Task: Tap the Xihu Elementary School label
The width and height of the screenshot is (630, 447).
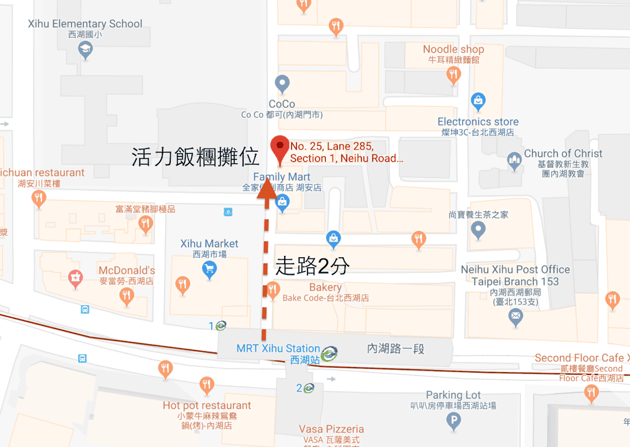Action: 85,24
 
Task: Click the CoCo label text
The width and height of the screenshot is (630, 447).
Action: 282,104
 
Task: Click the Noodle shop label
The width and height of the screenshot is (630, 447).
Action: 453,49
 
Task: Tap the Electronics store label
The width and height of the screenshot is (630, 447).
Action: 478,122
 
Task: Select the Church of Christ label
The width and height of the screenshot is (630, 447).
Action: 563,154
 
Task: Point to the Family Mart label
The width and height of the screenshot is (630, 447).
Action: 282,177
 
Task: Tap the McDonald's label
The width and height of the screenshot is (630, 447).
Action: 127,270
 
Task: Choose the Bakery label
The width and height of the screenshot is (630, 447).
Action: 325,287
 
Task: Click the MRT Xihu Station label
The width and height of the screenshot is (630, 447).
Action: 278,348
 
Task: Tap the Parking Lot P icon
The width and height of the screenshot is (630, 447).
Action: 453,421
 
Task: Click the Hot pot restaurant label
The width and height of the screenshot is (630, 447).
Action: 207,405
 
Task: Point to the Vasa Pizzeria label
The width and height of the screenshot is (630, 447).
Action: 331,429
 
